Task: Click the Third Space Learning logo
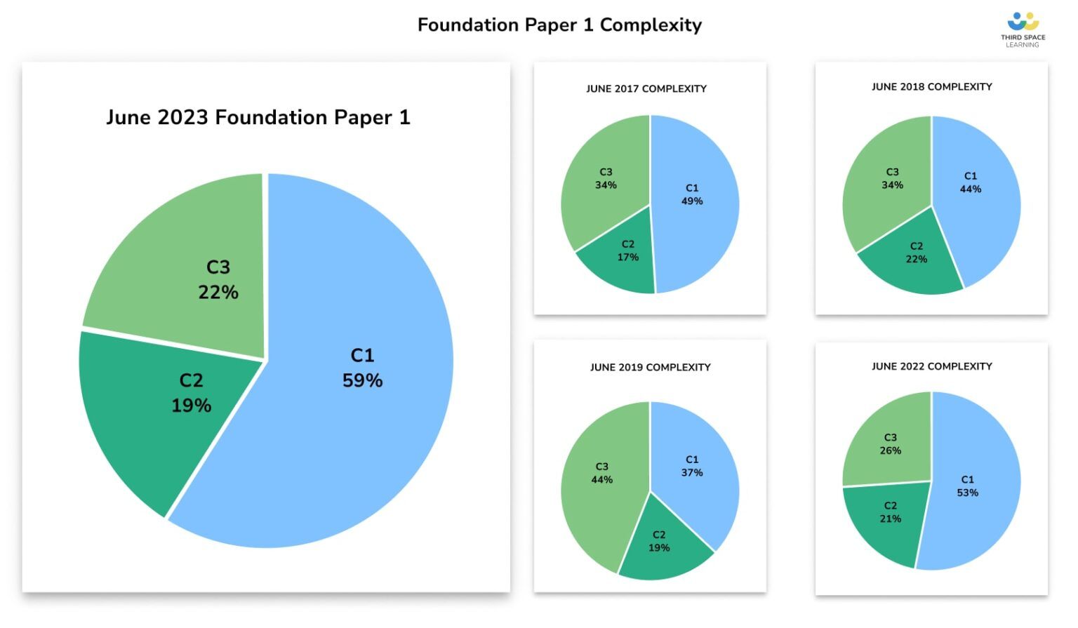[1023, 29]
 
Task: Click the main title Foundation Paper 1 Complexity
[559, 25]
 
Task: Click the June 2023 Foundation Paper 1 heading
[258, 117]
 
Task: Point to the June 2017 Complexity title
[646, 89]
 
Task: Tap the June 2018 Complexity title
[931, 87]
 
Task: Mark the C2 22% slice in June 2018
[912, 260]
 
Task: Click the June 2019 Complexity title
[650, 368]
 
